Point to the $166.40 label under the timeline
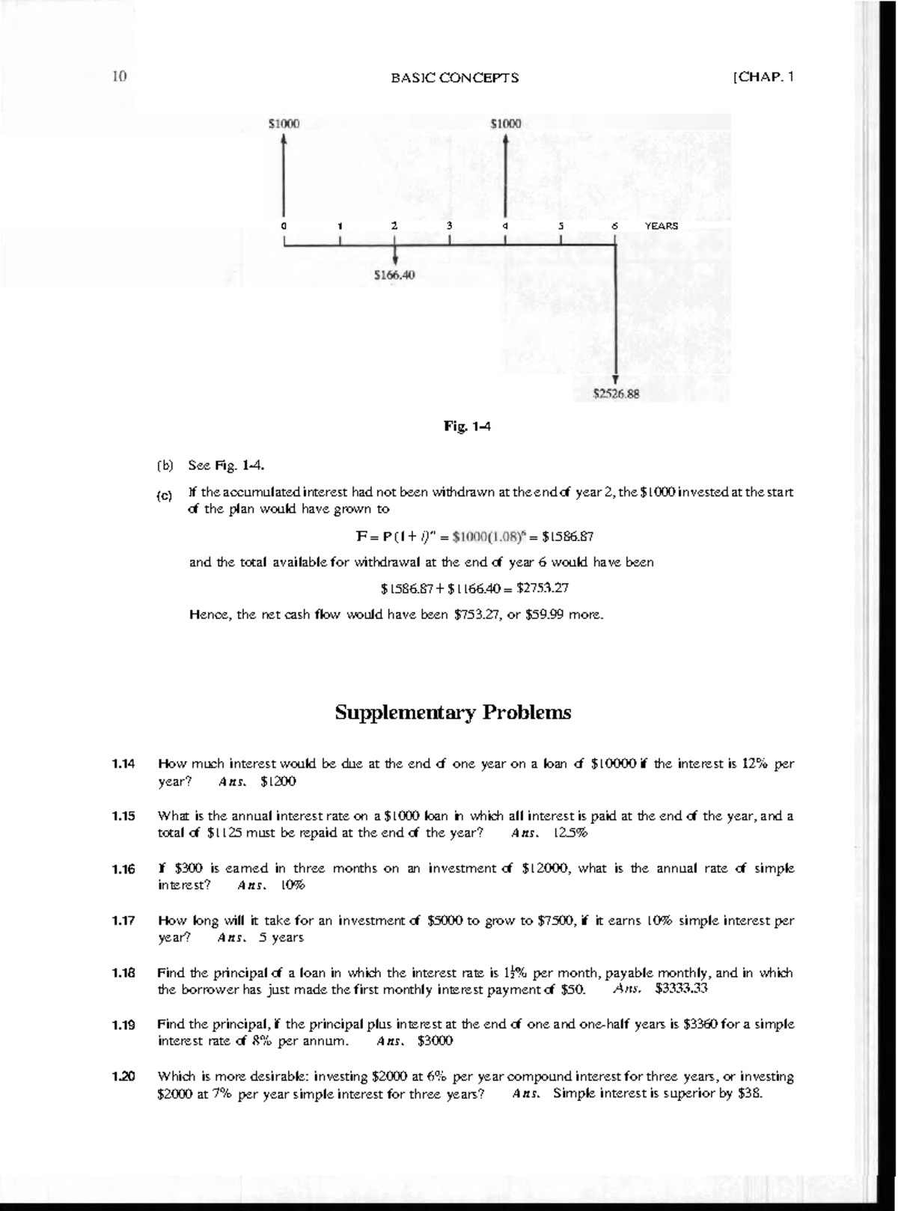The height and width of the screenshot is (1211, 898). (x=394, y=275)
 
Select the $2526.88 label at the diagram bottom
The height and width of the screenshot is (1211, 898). (x=616, y=392)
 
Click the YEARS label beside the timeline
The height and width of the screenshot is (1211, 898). (x=662, y=225)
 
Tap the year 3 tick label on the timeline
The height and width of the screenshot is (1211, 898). (x=449, y=225)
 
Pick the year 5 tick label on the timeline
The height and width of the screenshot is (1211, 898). (x=561, y=225)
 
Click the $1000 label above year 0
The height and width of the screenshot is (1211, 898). (x=284, y=123)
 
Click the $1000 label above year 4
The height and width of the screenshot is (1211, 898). (x=506, y=123)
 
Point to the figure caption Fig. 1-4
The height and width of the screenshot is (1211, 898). (x=467, y=427)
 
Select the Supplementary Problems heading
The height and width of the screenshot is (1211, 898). (x=453, y=712)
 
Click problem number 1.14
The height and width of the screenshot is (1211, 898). (x=123, y=764)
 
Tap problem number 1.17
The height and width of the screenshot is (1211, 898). (x=123, y=921)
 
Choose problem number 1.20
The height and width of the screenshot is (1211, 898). (x=123, y=1077)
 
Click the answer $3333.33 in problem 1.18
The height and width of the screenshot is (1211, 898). (x=681, y=989)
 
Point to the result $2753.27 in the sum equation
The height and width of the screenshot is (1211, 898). (x=544, y=588)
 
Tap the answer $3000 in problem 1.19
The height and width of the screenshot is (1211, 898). (x=435, y=1041)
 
